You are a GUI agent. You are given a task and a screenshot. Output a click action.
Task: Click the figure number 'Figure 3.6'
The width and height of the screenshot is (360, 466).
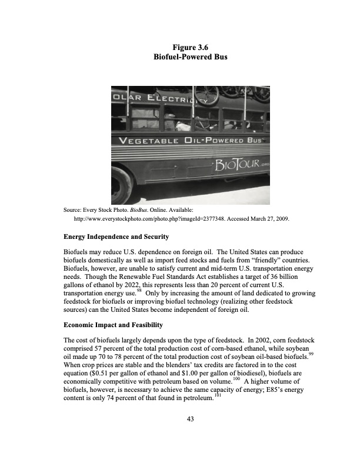180,47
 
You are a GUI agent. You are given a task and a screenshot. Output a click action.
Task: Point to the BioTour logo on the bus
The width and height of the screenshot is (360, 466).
235,163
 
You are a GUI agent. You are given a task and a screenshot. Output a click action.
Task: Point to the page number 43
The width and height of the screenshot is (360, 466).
180,419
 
